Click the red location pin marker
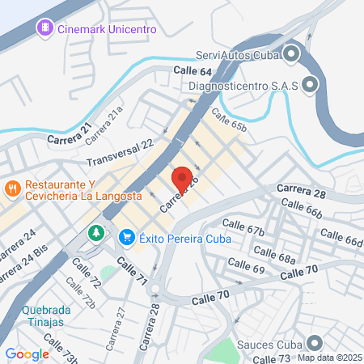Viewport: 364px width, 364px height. (x=182, y=180)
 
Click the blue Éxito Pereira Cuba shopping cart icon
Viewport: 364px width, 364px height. (x=126, y=238)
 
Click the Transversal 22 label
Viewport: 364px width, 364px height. (x=120, y=150)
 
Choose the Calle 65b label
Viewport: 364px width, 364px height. (x=228, y=121)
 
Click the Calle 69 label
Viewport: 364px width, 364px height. (x=247, y=267)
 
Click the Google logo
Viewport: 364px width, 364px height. (x=27, y=354)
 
